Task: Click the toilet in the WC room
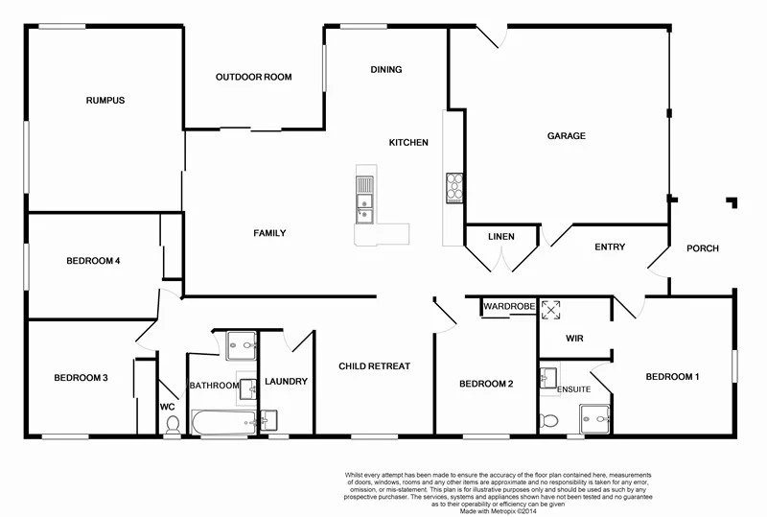click(x=173, y=425)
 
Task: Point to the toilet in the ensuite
click(x=549, y=420)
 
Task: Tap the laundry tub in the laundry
click(x=267, y=419)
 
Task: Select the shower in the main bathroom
click(x=243, y=343)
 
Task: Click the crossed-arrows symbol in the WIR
click(x=551, y=310)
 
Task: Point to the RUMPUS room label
click(x=105, y=100)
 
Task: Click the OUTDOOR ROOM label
click(x=253, y=77)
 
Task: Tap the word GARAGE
click(x=566, y=136)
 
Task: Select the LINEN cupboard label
click(x=500, y=237)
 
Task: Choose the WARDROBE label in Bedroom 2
click(x=507, y=307)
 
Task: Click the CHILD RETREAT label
click(x=376, y=366)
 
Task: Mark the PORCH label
click(x=702, y=248)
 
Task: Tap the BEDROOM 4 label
click(x=92, y=261)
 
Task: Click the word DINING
click(x=386, y=69)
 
